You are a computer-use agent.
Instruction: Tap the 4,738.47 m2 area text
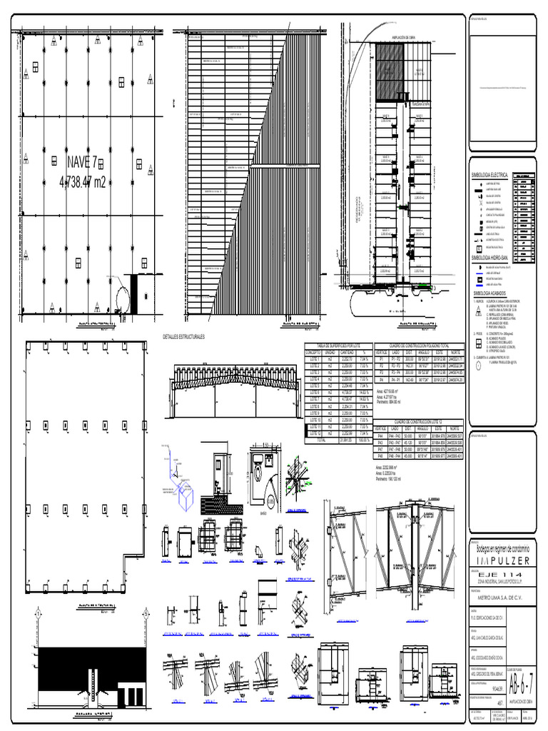click(x=83, y=183)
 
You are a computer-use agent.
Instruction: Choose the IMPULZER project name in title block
click(x=499, y=561)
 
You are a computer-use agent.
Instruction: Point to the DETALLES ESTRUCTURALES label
click(x=184, y=336)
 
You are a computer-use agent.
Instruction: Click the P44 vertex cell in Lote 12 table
click(x=381, y=435)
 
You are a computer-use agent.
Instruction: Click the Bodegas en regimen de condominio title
click(x=499, y=548)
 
